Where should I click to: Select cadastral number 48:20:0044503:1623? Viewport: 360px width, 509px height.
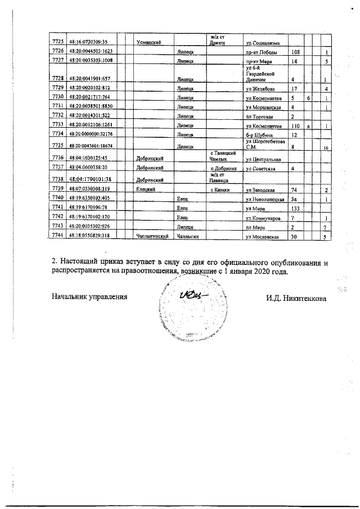[x=89, y=51]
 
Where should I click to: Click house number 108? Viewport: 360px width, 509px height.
[x=292, y=51]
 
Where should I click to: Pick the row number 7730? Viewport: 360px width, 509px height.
[x=57, y=97]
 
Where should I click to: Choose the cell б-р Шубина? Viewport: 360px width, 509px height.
[x=256, y=134]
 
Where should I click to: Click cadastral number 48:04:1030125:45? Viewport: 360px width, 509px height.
[x=88, y=159]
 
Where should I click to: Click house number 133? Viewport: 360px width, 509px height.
[x=292, y=208]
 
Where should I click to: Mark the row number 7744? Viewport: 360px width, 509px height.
[x=57, y=236]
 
